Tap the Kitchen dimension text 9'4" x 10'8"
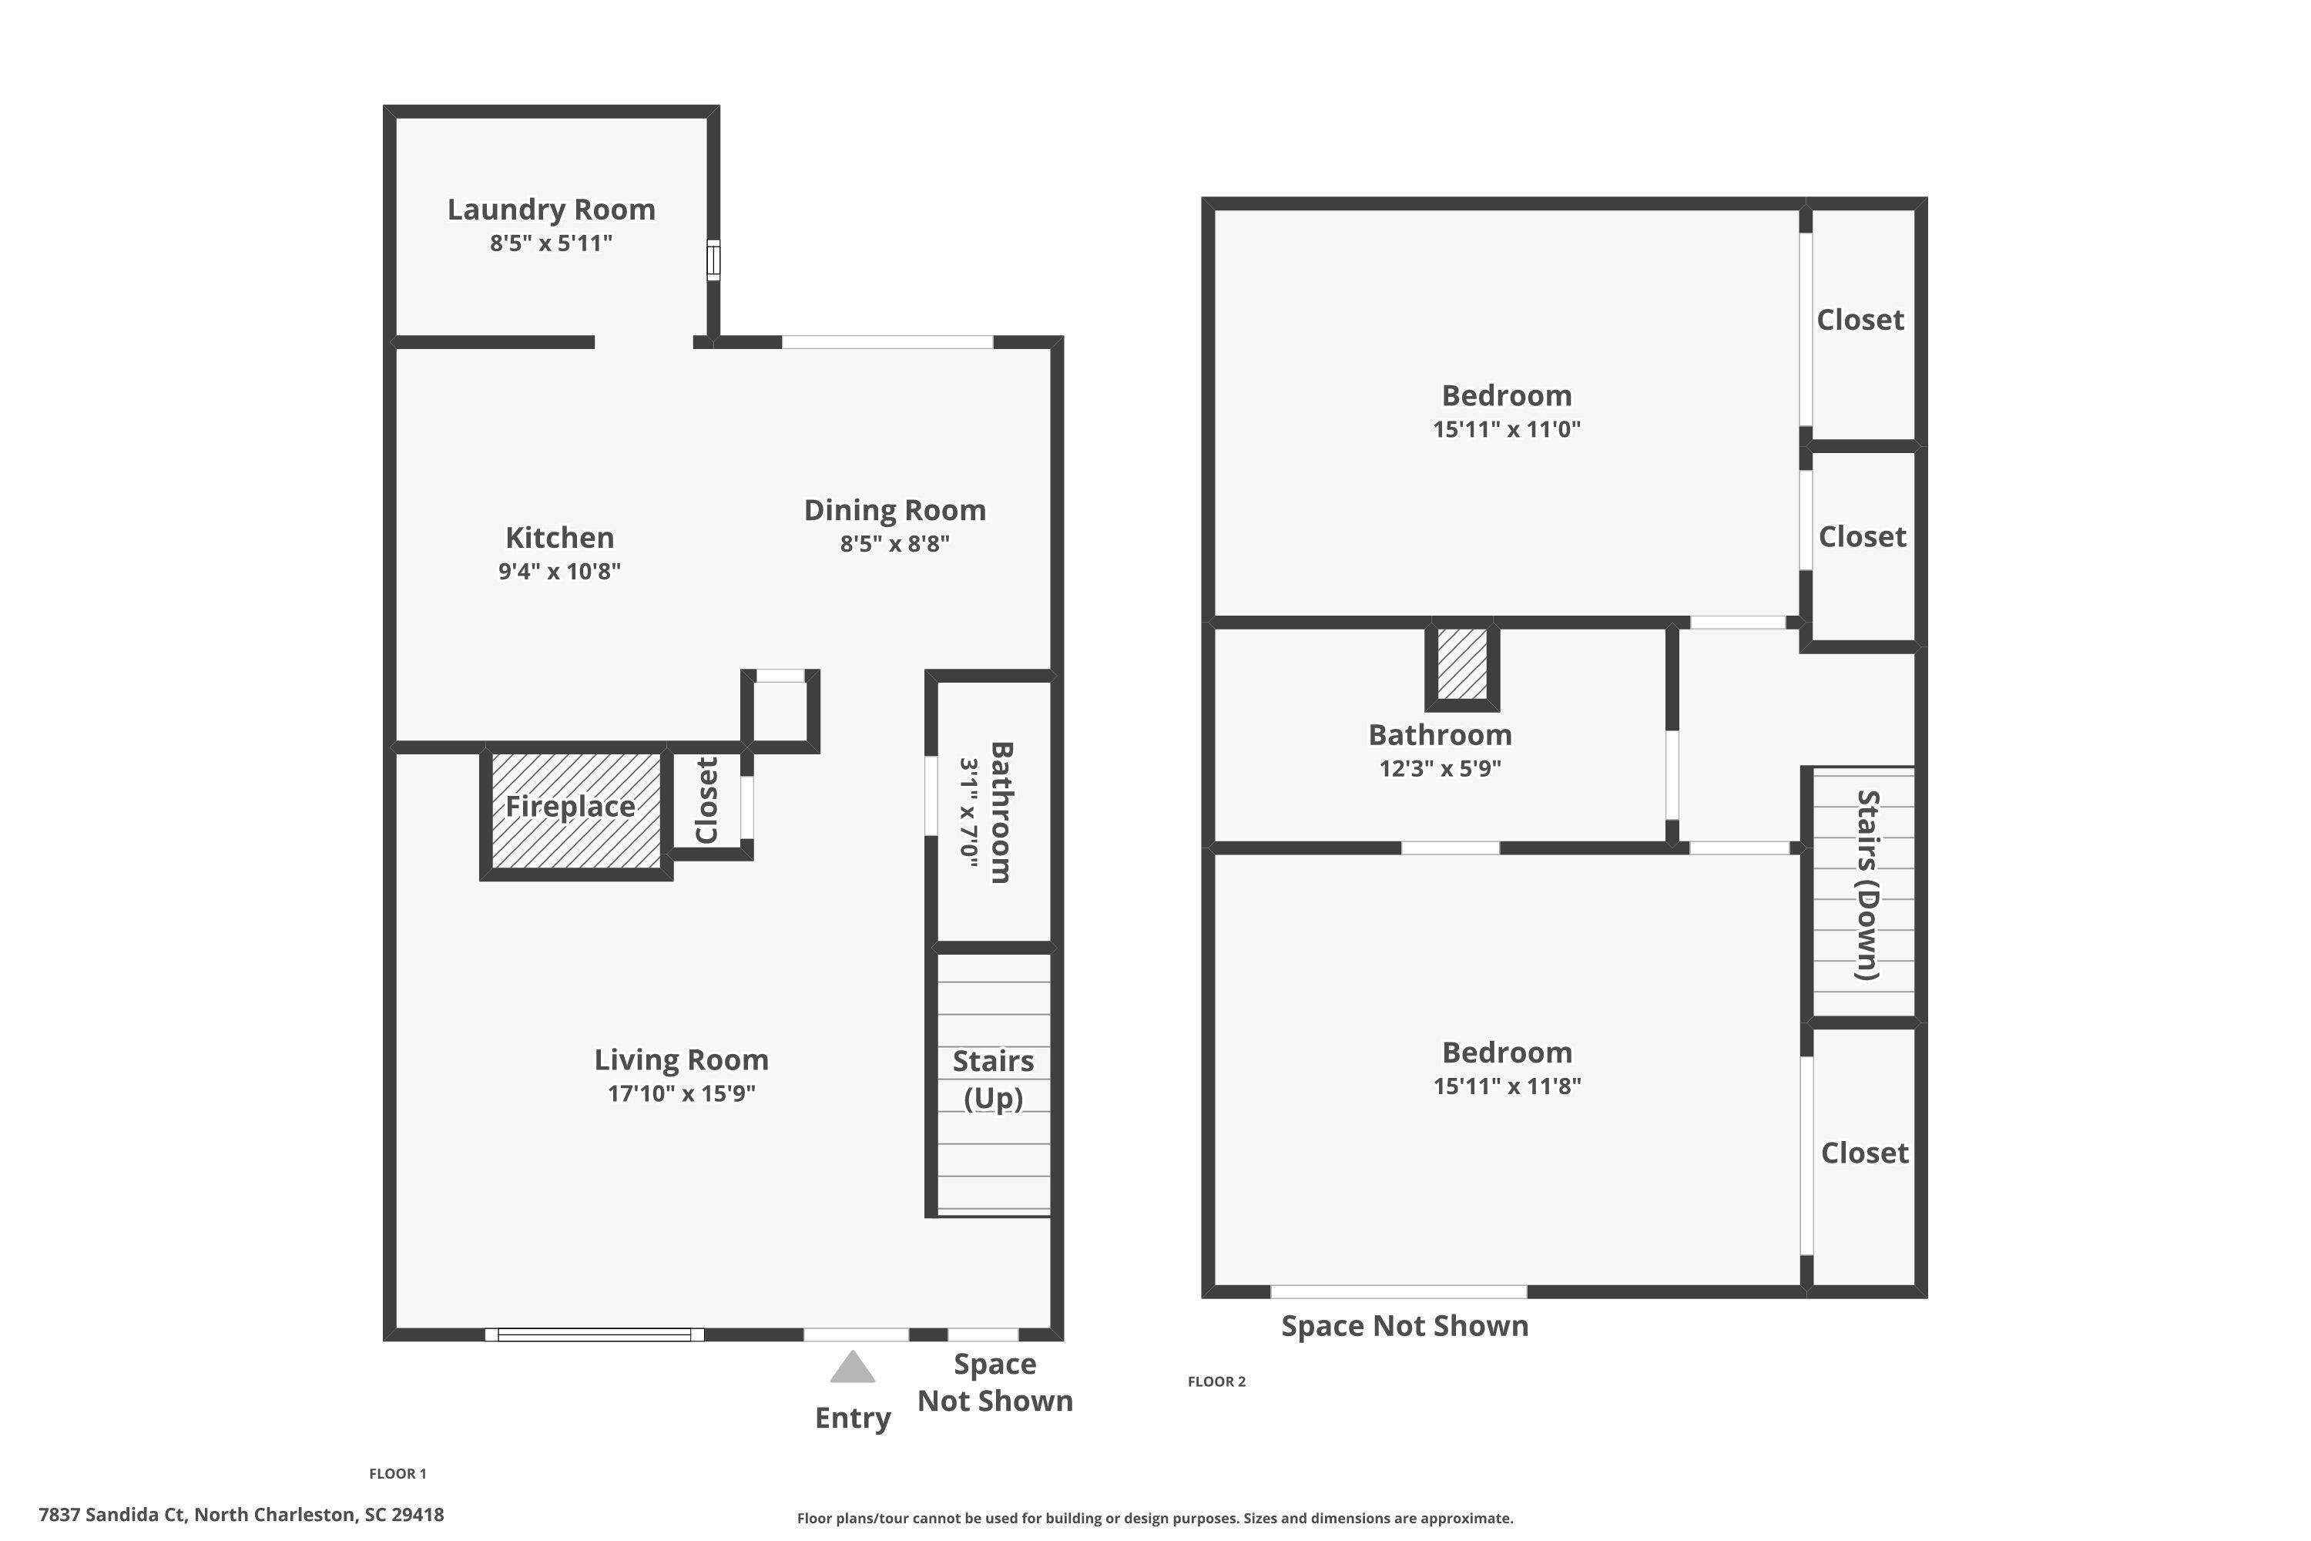559,571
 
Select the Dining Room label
894,510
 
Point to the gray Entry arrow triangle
852,1367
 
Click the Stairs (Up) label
992,1079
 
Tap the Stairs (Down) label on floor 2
1867,885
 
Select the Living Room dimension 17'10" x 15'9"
681,1093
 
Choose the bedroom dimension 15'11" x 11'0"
1506,428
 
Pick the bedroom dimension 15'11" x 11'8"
1506,1085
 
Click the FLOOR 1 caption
398,1473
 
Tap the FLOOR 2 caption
1216,1381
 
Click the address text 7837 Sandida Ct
240,1515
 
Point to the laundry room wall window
713,260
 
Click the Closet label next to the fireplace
706,800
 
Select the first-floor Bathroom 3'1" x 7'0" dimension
969,812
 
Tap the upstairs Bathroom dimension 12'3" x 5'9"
1440,767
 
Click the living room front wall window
595,1334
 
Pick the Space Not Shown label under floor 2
1404,1326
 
